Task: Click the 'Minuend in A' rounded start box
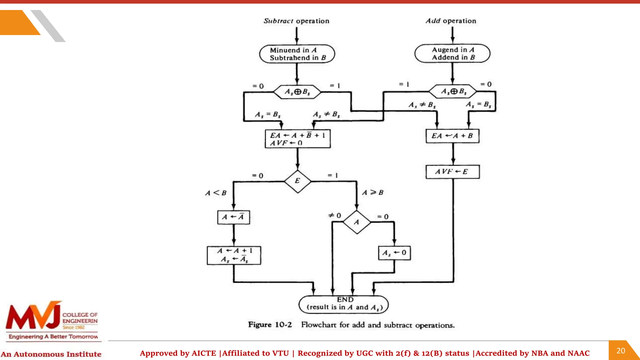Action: pos(297,54)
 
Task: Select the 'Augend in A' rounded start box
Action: pos(452,53)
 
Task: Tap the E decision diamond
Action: pos(297,181)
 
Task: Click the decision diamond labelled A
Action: pos(357,222)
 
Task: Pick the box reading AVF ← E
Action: pos(452,172)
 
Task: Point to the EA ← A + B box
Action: pos(452,136)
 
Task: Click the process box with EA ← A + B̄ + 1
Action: pos(297,139)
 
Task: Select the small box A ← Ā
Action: pos(233,217)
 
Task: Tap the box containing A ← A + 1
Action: pos(234,255)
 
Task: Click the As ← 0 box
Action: pos(394,253)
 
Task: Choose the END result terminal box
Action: pos(343,304)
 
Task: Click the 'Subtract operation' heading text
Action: pos(296,21)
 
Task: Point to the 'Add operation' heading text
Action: pos(451,21)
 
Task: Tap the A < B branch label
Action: pos(216,193)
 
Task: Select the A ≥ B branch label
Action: pos(372,192)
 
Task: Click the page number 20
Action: pos(621,351)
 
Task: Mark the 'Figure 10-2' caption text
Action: pos(270,325)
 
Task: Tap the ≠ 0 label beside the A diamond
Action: pos(334,215)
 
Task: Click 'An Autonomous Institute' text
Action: pos(51,354)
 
